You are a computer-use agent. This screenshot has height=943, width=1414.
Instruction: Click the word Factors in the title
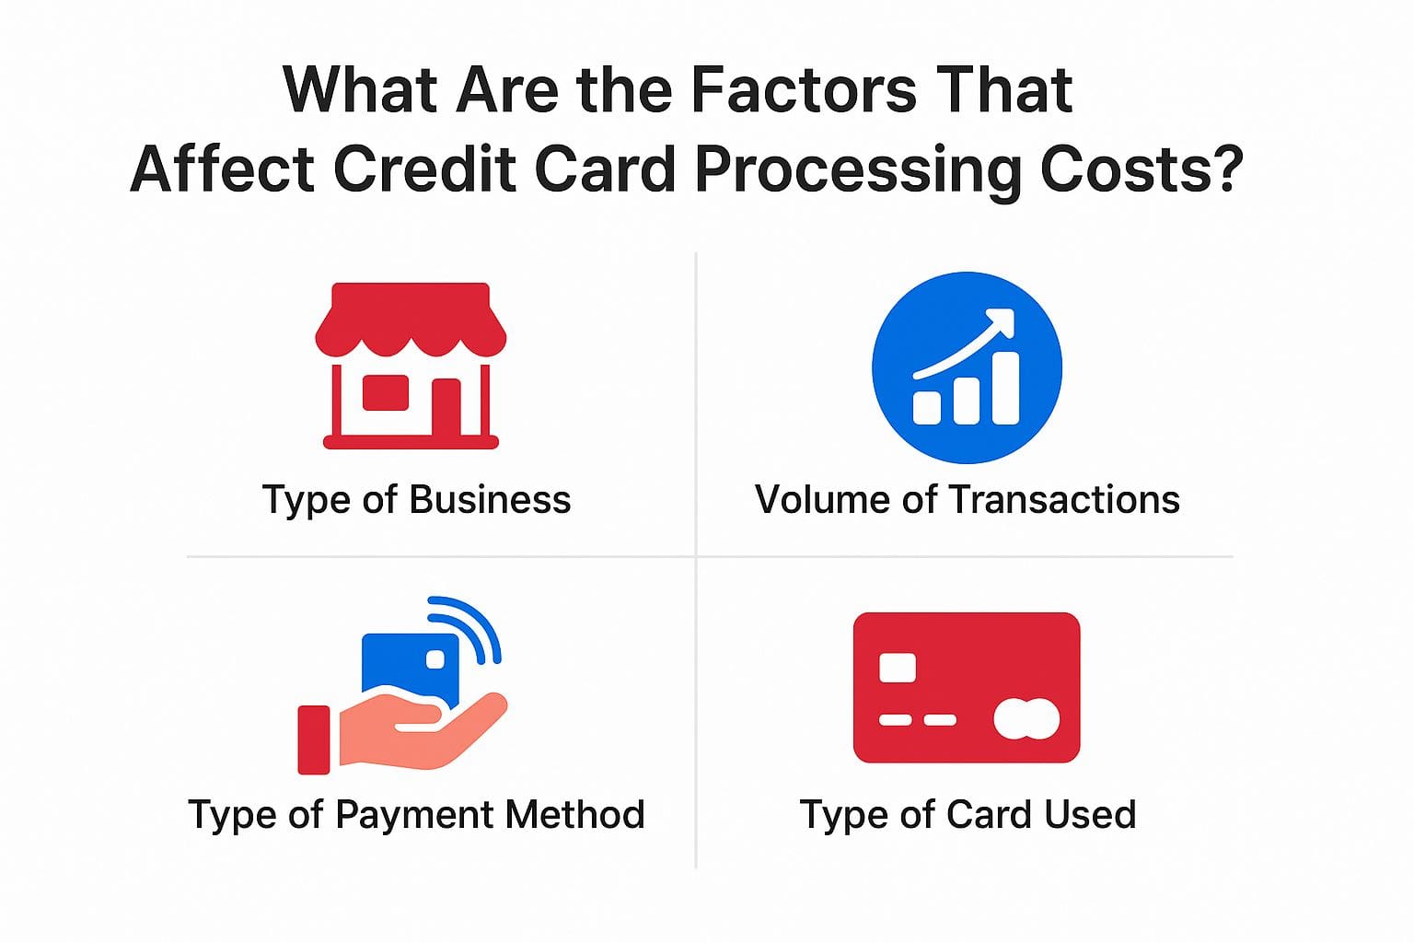coord(803,90)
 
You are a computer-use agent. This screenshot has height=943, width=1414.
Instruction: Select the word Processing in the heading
coord(856,170)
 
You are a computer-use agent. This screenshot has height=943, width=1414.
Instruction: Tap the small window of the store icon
coord(385,392)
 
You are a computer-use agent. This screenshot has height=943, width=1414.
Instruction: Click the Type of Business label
coord(416,500)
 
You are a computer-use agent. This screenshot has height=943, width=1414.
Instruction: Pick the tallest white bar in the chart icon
coord(1005,388)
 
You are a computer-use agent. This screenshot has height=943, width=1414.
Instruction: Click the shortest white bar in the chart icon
coord(926,407)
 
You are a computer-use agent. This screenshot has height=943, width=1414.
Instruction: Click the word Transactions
coord(1063,500)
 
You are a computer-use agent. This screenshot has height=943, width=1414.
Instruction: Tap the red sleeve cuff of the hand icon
coord(314,739)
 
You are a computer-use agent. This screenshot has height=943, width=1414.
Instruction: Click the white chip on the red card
coord(897,668)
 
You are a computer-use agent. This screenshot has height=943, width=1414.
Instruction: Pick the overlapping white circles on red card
coord(1026,719)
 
